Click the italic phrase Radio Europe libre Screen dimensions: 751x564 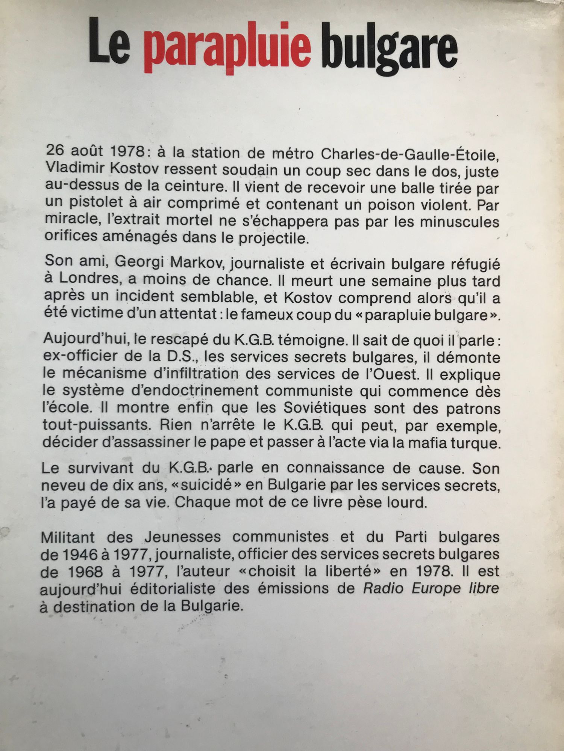coord(431,588)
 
